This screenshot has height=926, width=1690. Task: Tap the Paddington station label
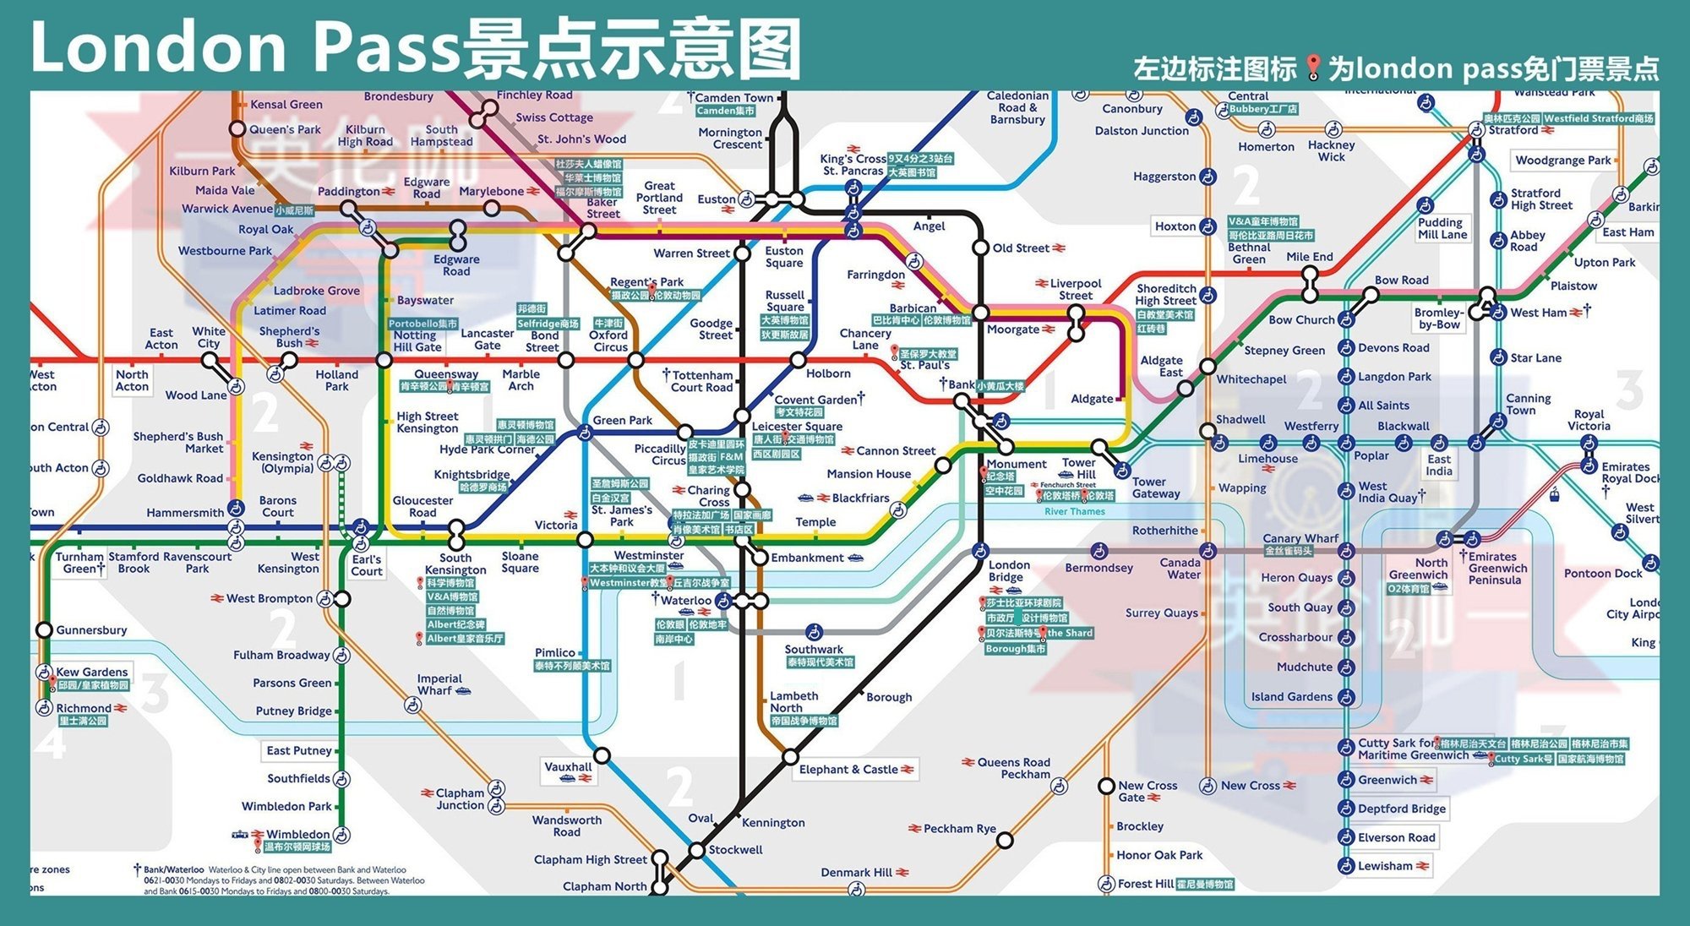click(348, 192)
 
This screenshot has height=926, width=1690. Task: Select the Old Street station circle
click(980, 248)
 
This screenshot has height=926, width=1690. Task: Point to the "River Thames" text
click(1074, 512)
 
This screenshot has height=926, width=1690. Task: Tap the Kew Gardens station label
click(91, 672)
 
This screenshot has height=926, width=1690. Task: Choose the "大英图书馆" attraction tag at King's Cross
click(911, 172)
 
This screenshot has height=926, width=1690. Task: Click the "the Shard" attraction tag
click(1069, 633)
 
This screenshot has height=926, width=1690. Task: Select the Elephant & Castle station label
click(848, 769)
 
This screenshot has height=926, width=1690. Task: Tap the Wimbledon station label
click(297, 834)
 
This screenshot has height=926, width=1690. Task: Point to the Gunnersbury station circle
click(44, 630)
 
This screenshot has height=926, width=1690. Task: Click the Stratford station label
click(1513, 130)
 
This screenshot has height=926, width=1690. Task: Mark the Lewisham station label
click(1385, 866)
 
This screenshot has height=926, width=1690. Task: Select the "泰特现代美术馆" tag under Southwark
click(820, 662)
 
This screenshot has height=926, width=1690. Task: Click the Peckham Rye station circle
click(1004, 840)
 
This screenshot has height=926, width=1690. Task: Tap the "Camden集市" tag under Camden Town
click(726, 111)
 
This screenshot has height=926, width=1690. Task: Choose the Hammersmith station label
click(184, 512)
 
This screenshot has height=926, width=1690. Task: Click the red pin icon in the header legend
click(1312, 68)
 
